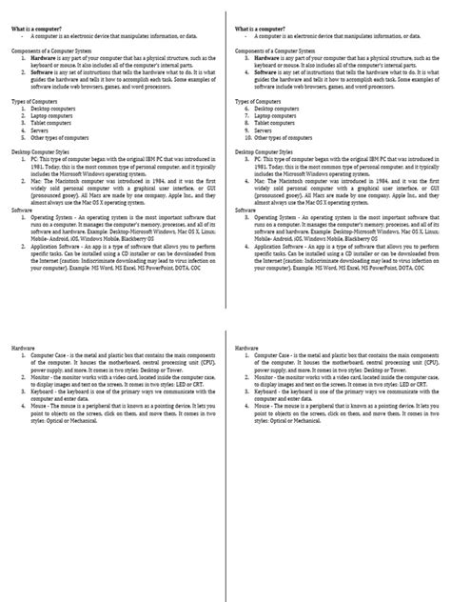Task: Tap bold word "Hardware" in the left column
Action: point(41,57)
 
